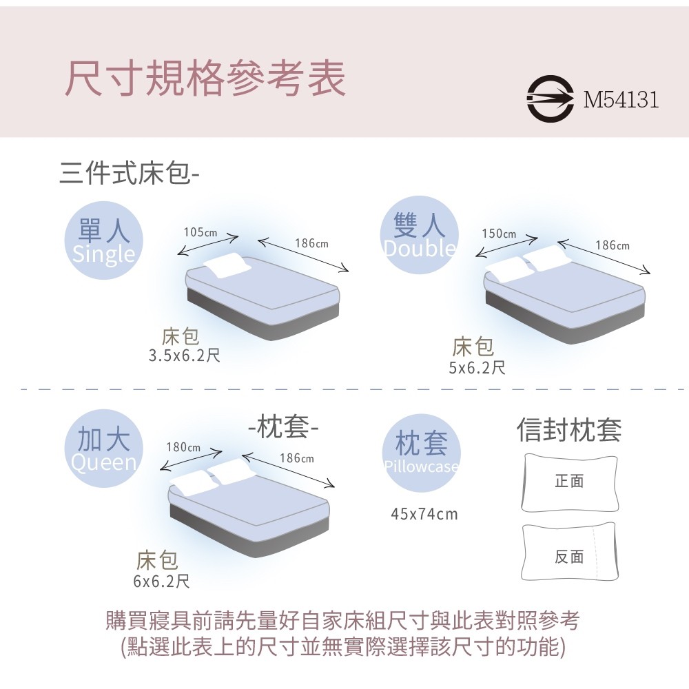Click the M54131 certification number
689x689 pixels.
pyautogui.click(x=621, y=99)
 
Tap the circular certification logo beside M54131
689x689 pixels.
pyautogui.click(x=550, y=99)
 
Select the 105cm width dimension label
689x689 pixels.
pyautogui.click(x=200, y=232)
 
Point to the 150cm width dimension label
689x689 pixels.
pyautogui.click(x=499, y=234)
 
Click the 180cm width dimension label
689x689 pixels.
pyautogui.click(x=183, y=447)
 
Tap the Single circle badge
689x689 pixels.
pyautogui.click(x=104, y=240)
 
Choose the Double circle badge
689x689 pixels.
pyautogui.click(x=419, y=235)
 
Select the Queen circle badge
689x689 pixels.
pyautogui.click(x=104, y=449)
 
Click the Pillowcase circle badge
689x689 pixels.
pyautogui.click(x=422, y=453)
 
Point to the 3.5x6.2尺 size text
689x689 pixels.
pyautogui.click(x=184, y=355)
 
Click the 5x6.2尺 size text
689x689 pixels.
pyautogui.click(x=477, y=367)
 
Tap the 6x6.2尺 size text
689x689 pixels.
pyautogui.click(x=162, y=582)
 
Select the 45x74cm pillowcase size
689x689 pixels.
pyautogui.click(x=424, y=514)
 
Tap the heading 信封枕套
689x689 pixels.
pyautogui.click(x=569, y=429)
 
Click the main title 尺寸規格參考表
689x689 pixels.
pyautogui.click(x=205, y=79)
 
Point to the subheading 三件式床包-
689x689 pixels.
pyautogui.click(x=130, y=173)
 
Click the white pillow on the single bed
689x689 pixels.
pyautogui.click(x=227, y=265)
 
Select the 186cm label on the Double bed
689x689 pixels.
pyautogui.click(x=613, y=245)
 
